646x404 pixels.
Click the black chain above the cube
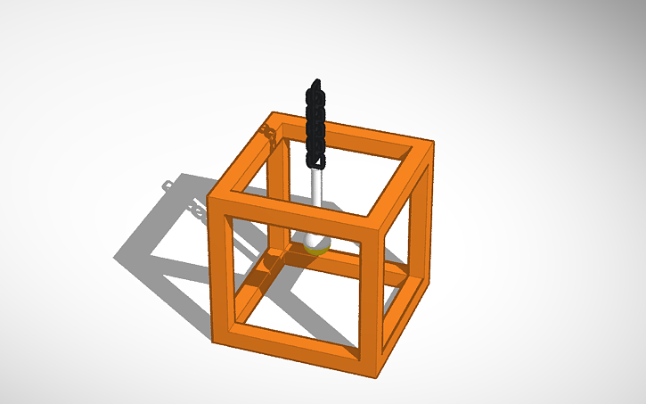click(x=314, y=125)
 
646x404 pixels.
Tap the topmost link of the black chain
click(x=314, y=88)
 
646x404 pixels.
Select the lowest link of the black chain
click(x=314, y=161)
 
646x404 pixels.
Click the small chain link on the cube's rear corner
click(x=266, y=133)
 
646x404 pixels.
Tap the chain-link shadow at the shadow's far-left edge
click(x=166, y=185)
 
